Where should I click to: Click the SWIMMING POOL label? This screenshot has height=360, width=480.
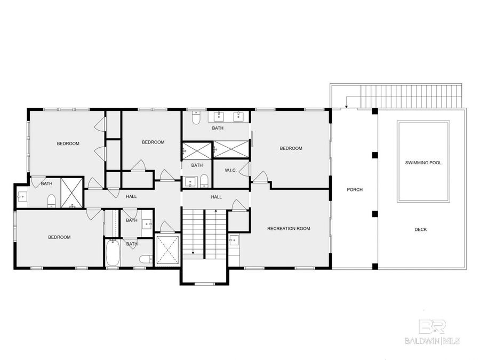point(423,162)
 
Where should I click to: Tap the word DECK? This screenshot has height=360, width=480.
point(420,229)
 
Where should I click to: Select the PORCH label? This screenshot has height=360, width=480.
point(354,189)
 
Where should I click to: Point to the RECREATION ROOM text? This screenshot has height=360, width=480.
point(289,228)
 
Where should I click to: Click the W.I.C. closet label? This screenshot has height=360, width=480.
point(230,171)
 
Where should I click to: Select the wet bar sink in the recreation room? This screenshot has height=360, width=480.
point(235,241)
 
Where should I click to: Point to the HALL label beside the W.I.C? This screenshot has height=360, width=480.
point(216,197)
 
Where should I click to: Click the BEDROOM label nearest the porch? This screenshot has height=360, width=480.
point(291,148)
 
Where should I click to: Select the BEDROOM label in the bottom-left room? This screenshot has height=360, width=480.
point(59,237)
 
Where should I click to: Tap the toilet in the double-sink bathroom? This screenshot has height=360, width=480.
point(196,118)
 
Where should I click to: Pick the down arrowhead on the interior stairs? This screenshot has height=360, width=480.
point(193,253)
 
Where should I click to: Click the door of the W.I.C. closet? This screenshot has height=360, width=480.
point(244,170)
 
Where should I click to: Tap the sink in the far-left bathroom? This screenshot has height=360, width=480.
point(22,197)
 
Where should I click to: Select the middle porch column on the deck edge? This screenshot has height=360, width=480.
point(375,155)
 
